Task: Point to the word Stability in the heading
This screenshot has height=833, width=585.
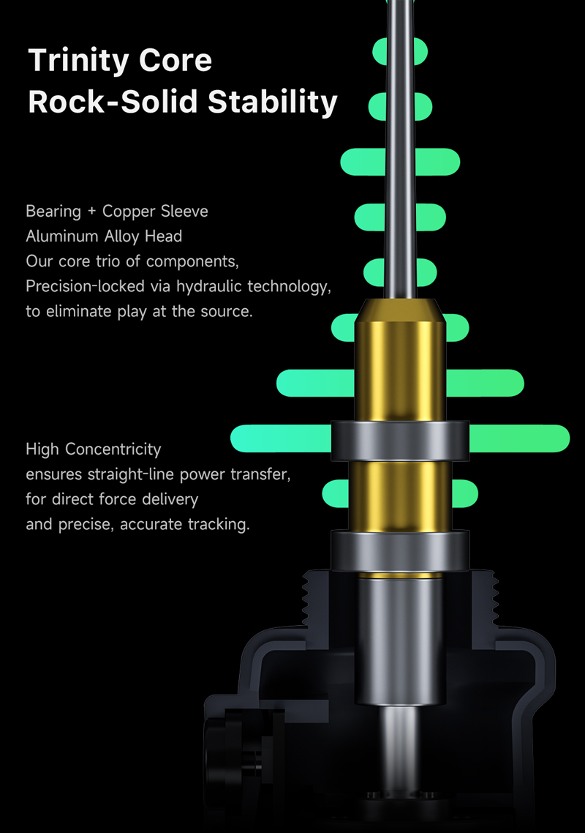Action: pyautogui.click(x=272, y=102)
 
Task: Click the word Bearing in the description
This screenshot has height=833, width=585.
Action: pyautogui.click(x=53, y=212)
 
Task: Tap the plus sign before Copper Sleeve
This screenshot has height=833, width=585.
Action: pyautogui.click(x=92, y=211)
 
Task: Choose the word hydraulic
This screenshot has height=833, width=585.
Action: pyautogui.click(x=210, y=286)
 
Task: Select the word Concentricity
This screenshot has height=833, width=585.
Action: pyautogui.click(x=113, y=449)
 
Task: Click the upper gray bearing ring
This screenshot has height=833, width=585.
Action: pyautogui.click(x=400, y=441)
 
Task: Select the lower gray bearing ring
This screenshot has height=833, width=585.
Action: pyautogui.click(x=400, y=550)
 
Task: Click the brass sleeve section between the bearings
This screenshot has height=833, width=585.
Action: pyautogui.click(x=400, y=496)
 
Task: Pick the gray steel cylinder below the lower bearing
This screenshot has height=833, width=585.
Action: pyautogui.click(x=400, y=640)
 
